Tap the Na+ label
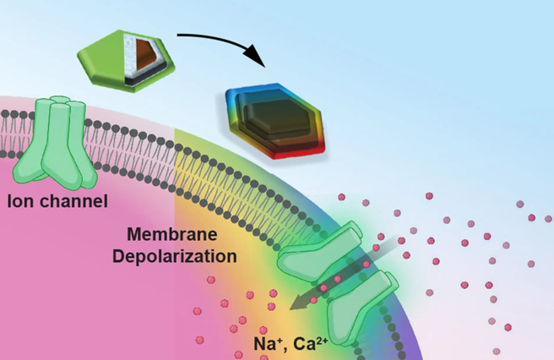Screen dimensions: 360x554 click(x=269, y=343)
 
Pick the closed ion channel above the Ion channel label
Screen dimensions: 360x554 click(x=57, y=139)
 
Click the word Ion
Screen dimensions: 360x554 click(x=20, y=201)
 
